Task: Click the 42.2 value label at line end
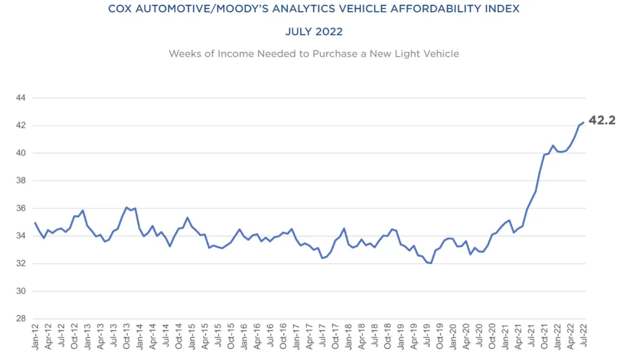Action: click(x=602, y=121)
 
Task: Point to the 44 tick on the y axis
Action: click(x=21, y=98)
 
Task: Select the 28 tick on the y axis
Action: click(x=21, y=319)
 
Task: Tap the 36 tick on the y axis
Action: click(x=21, y=208)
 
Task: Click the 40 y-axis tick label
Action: click(x=21, y=153)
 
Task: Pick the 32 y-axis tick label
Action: click(x=21, y=263)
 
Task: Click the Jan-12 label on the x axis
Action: click(x=35, y=338)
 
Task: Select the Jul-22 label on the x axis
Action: click(x=584, y=338)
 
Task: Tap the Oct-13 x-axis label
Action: click(x=127, y=338)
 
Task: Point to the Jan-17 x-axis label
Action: click(x=296, y=338)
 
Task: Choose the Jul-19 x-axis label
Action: click(x=427, y=338)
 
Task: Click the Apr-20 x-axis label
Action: click(x=466, y=338)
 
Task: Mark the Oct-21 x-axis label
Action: click(x=545, y=338)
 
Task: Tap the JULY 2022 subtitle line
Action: click(x=313, y=31)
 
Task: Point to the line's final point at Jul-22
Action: click(x=584, y=122)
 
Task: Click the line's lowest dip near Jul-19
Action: click(x=431, y=263)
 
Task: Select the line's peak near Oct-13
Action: click(x=127, y=207)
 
